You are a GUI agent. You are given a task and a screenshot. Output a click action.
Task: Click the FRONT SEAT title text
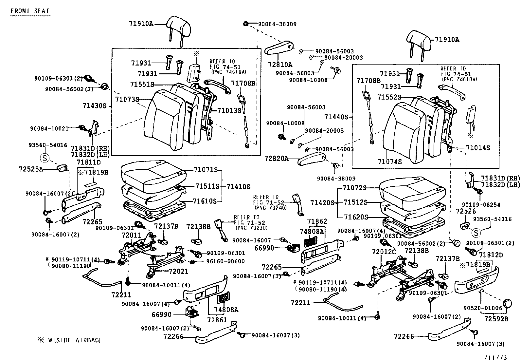click(30, 11)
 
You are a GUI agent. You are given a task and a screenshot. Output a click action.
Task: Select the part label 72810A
click(280, 65)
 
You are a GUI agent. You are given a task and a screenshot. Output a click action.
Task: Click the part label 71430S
click(95, 106)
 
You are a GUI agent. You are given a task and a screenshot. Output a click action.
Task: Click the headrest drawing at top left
click(178, 26)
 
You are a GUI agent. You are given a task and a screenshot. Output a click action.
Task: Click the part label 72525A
click(31, 169)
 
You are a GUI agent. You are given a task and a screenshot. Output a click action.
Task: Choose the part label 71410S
click(238, 187)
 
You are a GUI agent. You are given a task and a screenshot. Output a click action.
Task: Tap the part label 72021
click(179, 271)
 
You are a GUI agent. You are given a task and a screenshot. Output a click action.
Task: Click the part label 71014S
click(478, 148)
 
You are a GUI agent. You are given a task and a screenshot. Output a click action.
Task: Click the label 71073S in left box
click(127, 99)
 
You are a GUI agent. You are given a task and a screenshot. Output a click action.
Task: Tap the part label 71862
click(317, 221)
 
